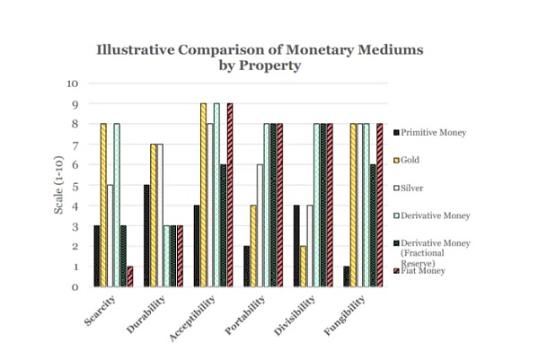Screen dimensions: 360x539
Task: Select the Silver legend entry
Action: coord(411,189)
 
